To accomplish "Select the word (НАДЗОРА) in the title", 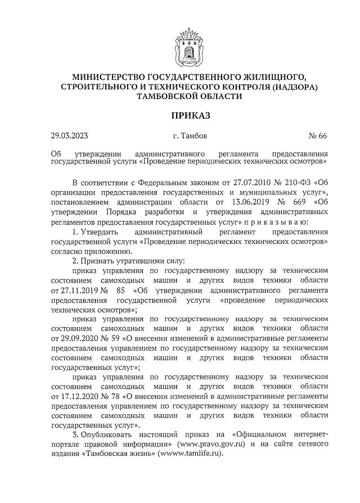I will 294,87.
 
